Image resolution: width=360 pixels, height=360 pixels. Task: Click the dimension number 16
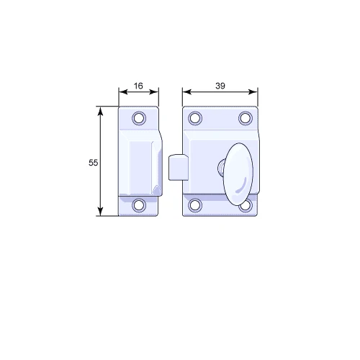click(138, 86)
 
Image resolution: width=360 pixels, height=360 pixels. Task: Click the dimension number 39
click(220, 86)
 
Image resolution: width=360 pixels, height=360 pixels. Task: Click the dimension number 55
click(93, 163)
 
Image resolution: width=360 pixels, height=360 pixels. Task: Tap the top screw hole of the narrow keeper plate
click(139, 118)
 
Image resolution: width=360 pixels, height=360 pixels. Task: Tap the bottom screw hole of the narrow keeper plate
click(139, 205)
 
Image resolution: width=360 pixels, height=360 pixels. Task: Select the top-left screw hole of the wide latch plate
click(195, 118)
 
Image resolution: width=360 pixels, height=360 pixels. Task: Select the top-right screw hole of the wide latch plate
click(246, 118)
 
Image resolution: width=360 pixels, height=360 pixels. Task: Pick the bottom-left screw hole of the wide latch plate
click(195, 205)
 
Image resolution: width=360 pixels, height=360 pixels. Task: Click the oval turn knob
click(238, 174)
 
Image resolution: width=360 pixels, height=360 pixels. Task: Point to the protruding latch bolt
click(178, 167)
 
